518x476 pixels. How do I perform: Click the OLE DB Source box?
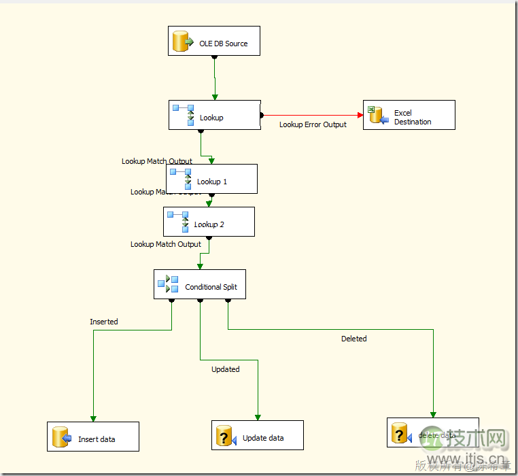click(x=213, y=41)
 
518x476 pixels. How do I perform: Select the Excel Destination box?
click(x=409, y=115)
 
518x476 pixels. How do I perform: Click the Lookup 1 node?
click(x=211, y=179)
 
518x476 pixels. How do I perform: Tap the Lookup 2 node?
click(x=209, y=222)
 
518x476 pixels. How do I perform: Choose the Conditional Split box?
click(x=199, y=284)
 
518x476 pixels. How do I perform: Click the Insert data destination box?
click(x=93, y=437)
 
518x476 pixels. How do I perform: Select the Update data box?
click(x=258, y=435)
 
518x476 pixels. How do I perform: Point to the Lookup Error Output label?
click(x=313, y=124)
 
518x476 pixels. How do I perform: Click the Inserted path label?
click(x=104, y=322)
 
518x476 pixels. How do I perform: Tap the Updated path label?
click(x=226, y=369)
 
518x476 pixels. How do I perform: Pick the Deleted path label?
click(x=354, y=338)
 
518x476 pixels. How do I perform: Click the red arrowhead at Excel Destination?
click(x=359, y=115)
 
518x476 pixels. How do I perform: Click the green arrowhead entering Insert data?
click(x=93, y=418)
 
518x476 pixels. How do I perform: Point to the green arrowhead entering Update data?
click(x=258, y=417)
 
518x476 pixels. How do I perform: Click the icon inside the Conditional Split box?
click(x=167, y=284)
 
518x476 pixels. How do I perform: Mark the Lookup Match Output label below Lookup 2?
click(x=166, y=244)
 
